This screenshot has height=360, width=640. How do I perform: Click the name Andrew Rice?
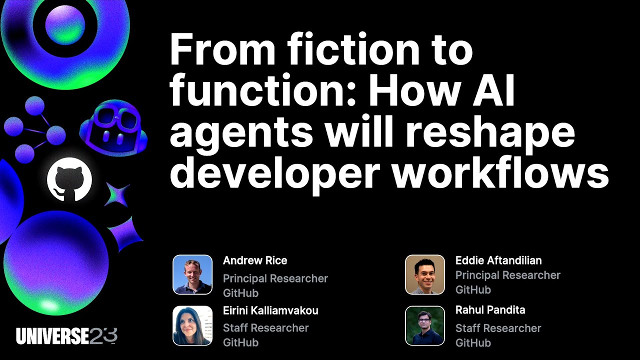255,260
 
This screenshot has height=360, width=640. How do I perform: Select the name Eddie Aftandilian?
498,260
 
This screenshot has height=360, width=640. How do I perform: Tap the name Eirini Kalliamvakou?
270,310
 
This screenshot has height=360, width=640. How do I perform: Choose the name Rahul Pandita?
490,310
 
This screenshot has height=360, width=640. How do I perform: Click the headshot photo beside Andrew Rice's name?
192,274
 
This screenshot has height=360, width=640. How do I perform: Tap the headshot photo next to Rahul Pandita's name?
425,325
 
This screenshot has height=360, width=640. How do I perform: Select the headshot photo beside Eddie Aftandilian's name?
425,274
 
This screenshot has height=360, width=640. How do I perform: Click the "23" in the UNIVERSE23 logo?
103,336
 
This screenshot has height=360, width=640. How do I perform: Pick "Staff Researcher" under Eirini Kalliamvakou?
265,328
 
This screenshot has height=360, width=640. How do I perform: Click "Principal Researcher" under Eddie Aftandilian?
508,275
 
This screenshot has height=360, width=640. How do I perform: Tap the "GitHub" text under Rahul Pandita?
473,343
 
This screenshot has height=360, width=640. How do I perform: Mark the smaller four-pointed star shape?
117,194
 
